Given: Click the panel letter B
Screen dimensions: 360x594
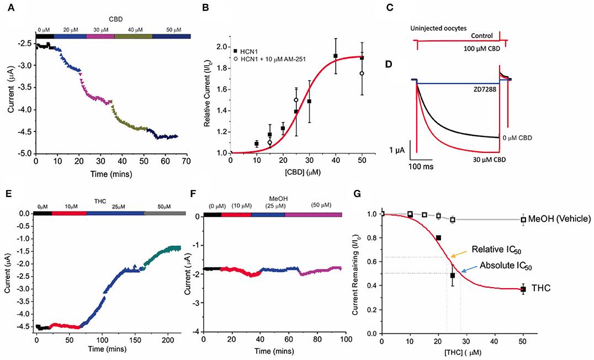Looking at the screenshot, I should pos(205,8).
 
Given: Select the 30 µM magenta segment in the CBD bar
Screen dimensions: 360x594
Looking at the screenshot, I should pos(100,36).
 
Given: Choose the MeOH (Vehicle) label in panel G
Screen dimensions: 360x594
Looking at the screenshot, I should pos(559,219).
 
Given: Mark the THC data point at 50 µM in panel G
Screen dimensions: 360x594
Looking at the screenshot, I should pos(522,289).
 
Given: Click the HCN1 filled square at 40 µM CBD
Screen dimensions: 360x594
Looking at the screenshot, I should pos(335,56).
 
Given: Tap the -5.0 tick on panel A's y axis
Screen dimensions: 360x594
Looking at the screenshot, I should pos(23,153).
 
